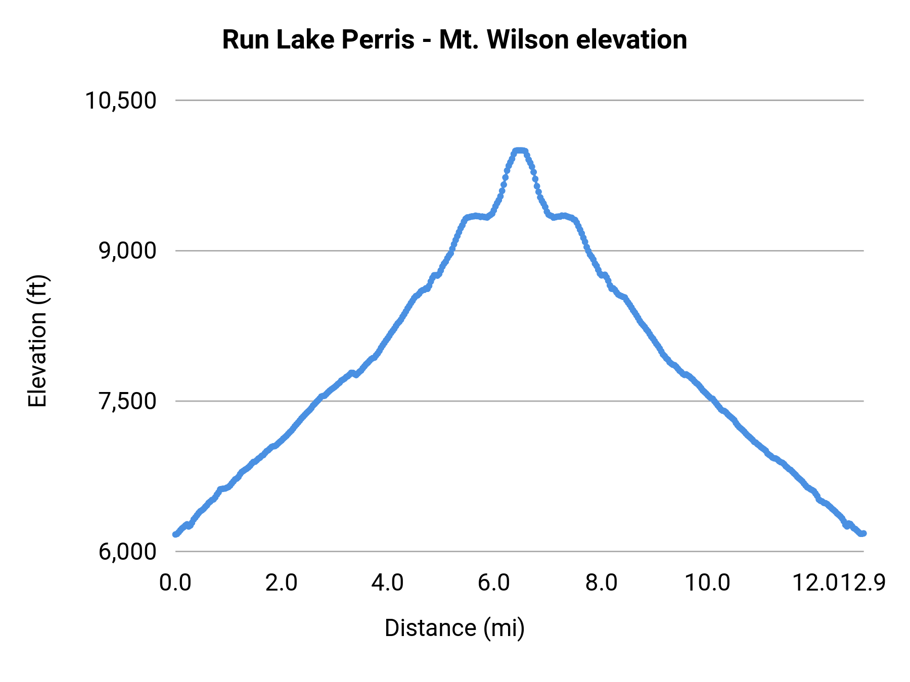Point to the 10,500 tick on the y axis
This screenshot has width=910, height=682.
click(121, 101)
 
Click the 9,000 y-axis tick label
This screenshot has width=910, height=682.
click(127, 251)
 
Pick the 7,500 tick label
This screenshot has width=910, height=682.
click(127, 401)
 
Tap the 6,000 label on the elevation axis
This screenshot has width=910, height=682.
click(127, 552)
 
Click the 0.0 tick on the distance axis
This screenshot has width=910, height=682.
click(175, 583)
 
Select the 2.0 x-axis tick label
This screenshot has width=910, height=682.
click(282, 583)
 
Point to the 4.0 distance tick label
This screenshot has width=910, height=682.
click(388, 583)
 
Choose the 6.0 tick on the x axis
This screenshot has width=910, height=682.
click(494, 583)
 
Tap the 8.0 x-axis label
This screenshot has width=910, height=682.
click(601, 583)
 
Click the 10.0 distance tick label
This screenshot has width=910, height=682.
click(707, 583)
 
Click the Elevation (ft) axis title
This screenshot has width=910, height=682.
click(37, 341)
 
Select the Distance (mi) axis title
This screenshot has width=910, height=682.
click(454, 628)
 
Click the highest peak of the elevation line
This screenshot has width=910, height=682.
click(520, 151)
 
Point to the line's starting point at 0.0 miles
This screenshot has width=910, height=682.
click(175, 534)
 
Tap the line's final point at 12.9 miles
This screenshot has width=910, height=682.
click(863, 533)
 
